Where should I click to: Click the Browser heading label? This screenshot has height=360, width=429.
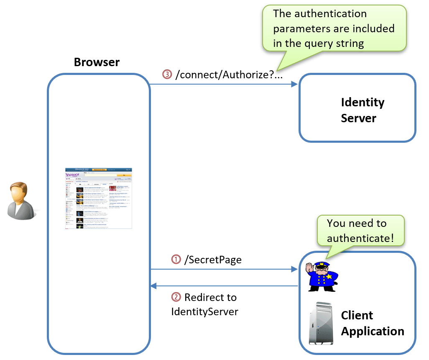tap(97, 62)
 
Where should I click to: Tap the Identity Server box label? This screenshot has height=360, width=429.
tap(362, 110)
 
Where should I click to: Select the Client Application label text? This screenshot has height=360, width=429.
tap(372, 323)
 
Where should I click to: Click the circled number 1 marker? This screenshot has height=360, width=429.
tap(176, 260)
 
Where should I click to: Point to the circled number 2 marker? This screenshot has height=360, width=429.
tap(176, 297)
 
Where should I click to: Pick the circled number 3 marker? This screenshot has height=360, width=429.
tap(167, 75)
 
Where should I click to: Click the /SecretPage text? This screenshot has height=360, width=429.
tap(213, 260)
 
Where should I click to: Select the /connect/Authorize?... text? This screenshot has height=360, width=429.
tap(229, 75)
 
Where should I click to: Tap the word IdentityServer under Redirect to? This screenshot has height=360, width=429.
tap(204, 311)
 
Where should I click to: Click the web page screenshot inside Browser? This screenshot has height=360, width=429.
tap(99, 198)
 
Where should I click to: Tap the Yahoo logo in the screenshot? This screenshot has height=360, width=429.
tap(72, 175)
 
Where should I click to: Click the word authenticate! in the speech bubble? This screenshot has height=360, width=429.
tap(360, 238)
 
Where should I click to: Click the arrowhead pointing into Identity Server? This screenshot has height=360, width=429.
tap(294, 84)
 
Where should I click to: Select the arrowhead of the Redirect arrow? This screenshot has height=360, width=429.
tap(153, 286)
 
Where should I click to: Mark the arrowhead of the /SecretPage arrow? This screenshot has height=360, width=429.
tap(294, 270)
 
